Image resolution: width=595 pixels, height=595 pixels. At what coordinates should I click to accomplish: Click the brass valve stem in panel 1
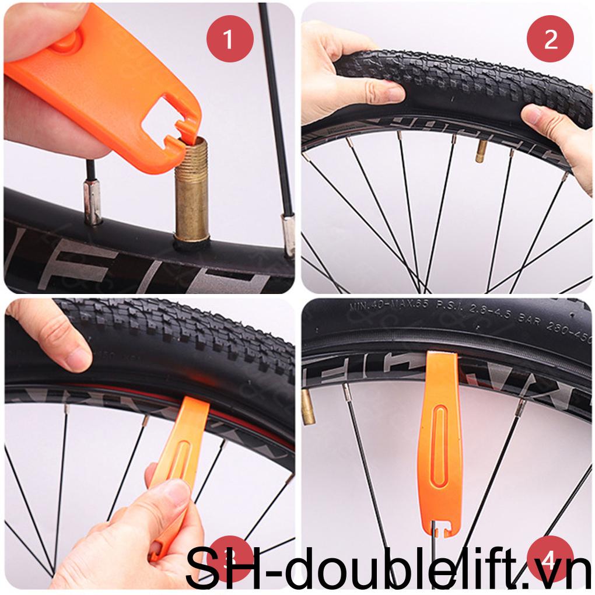click(192, 192)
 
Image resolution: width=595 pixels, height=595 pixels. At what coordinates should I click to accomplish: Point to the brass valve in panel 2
click(481, 150)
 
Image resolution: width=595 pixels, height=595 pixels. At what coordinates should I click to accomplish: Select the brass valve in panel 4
click(307, 407)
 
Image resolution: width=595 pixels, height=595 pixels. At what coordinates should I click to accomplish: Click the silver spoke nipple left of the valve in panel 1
click(93, 201)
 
